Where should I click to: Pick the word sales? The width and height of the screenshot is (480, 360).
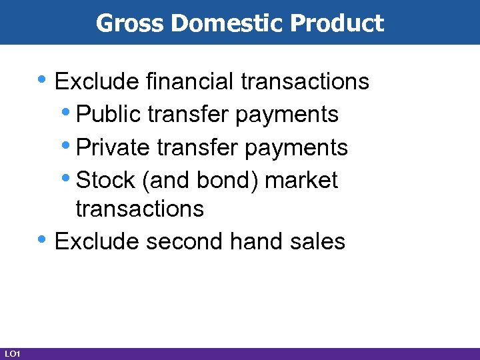316,241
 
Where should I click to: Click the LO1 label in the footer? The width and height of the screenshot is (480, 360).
12,353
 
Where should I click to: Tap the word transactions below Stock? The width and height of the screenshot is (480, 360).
139,209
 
